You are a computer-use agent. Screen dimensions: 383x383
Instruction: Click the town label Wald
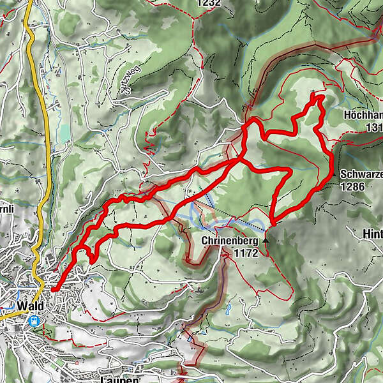pos(31,306)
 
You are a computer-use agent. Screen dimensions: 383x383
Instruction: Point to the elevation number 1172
pos(244,253)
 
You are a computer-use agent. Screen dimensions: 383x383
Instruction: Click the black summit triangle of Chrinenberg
pos(266,242)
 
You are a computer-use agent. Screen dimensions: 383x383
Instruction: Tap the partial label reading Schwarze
pos(361,174)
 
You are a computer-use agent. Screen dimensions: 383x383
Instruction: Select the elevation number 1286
pos(354,186)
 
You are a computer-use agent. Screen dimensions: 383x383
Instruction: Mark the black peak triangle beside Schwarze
pos(334,174)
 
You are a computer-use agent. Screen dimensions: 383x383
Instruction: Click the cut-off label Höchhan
pos(363,116)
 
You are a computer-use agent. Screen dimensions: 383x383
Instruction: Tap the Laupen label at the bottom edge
pos(119,379)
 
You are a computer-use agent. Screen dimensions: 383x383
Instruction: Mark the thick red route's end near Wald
pos(52,290)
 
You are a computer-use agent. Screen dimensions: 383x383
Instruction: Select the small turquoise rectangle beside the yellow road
pos(64,133)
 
